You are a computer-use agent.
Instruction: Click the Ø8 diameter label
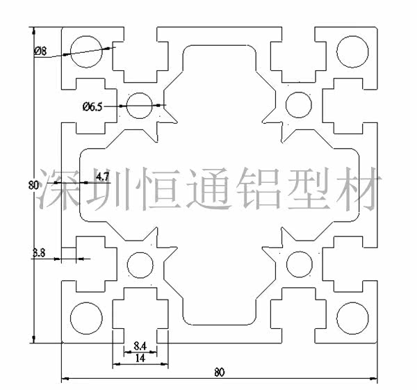40,51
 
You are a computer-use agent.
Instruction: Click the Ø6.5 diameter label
92,106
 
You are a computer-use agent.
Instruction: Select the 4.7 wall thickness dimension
102,177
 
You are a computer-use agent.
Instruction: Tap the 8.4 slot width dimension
140,346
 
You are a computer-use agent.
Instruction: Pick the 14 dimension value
140,358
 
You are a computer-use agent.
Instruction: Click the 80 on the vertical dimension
33,185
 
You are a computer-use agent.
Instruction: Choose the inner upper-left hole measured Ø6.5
140,105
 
